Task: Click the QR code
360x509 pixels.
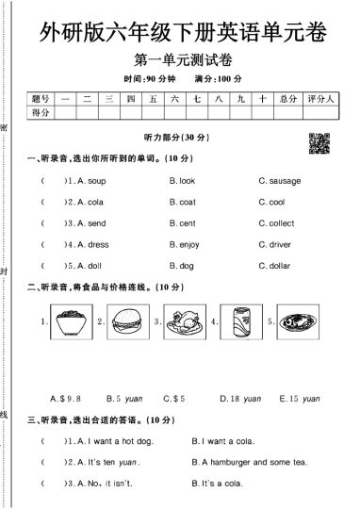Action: (x=319, y=143)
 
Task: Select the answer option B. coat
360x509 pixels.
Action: (x=182, y=202)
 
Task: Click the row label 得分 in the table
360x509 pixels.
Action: (x=40, y=112)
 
